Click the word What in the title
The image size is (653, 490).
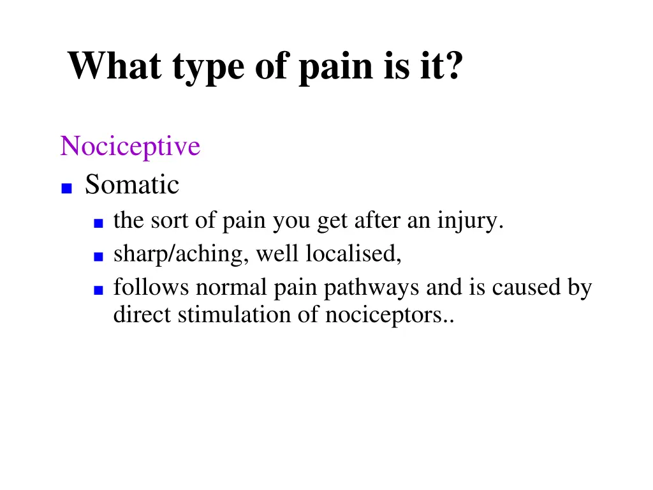coord(114,66)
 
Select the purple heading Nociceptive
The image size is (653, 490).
coord(130,147)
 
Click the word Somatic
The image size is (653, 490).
coord(132,185)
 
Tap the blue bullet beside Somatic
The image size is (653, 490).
coord(66,188)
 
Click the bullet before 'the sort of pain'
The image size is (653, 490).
coord(98,223)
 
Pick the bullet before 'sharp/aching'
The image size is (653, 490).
coord(98,256)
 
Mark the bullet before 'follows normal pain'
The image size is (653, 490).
coord(98,290)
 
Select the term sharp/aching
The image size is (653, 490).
coord(182,255)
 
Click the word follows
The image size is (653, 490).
coord(151,288)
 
